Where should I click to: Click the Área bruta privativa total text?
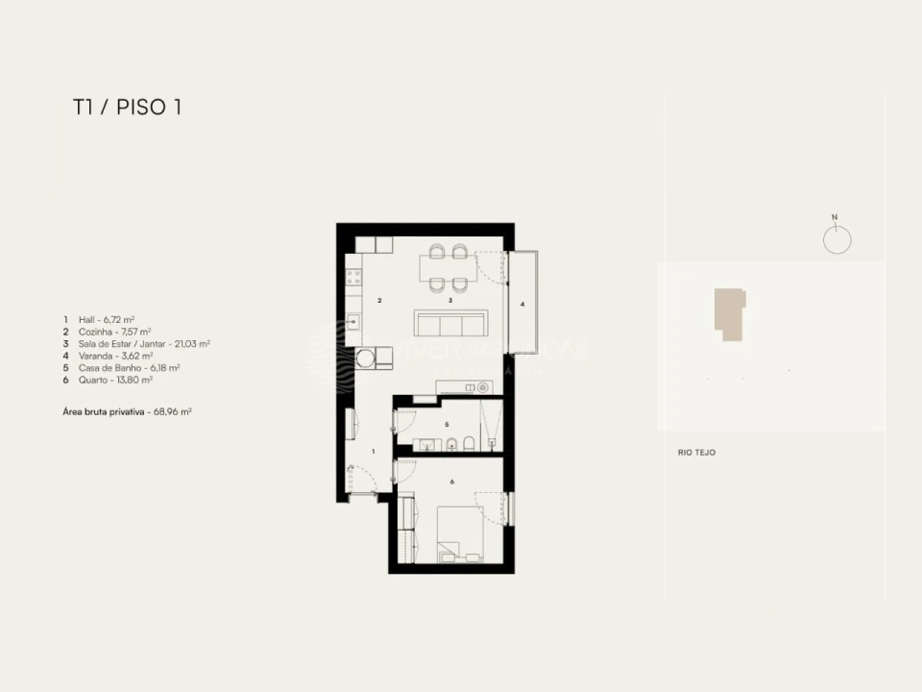tap(128, 410)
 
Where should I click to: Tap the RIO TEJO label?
tap(696, 453)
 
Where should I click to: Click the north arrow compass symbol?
tap(837, 237)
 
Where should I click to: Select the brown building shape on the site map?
tap(729, 314)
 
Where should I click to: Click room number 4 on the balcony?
tap(522, 305)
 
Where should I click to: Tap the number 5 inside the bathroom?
tap(447, 424)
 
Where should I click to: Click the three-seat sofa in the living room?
tap(451, 321)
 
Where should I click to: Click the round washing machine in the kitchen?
tap(365, 358)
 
